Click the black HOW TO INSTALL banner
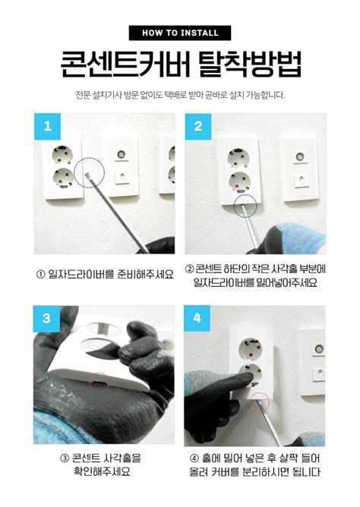tap(180, 33)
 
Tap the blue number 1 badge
tap(47, 127)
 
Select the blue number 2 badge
tap(198, 127)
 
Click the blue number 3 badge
tap(46, 319)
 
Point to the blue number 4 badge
tap(197, 319)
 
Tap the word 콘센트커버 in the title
tap(125, 64)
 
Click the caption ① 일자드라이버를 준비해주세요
tap(105, 275)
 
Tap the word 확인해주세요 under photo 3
tap(102, 471)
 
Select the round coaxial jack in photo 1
tap(122, 154)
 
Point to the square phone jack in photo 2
tap(301, 179)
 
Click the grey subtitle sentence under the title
tap(180, 96)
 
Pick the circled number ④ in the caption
tap(194, 458)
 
